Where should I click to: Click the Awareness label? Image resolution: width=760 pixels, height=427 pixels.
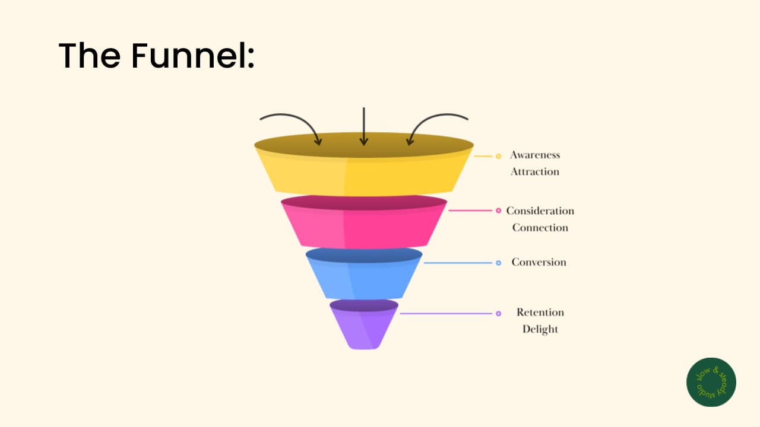[x=535, y=155]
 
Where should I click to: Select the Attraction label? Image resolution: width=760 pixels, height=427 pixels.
[x=535, y=171]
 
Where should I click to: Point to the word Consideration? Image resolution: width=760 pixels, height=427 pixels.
[x=540, y=211]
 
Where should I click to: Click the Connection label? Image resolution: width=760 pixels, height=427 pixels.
[x=540, y=227]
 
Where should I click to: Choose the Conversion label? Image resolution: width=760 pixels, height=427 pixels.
[x=539, y=262]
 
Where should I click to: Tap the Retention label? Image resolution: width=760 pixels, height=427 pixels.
[x=540, y=312]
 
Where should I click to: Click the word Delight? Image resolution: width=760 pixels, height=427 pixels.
[x=540, y=329]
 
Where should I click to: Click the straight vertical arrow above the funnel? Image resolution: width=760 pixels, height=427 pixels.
[x=364, y=126]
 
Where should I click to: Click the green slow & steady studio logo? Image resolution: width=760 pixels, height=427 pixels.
[x=711, y=383]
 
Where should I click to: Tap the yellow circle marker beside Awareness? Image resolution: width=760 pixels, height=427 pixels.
[x=498, y=156]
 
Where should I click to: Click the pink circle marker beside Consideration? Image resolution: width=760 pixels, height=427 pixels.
[x=498, y=211]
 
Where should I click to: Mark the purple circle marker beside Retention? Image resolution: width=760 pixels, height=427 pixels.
[x=498, y=314]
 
